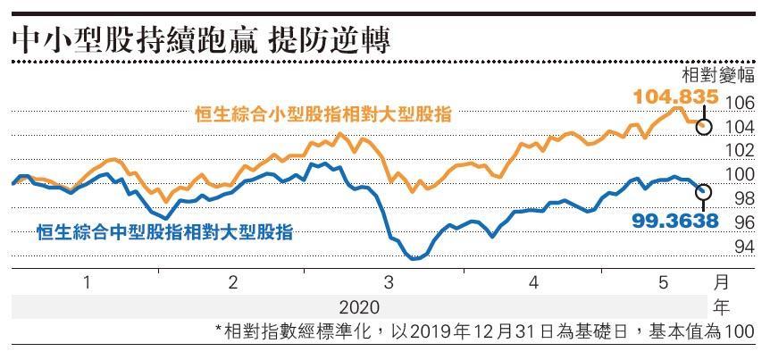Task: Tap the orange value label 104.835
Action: [675, 96]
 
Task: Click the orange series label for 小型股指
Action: [323, 114]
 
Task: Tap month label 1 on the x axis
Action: [88, 282]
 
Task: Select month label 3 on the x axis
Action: [389, 282]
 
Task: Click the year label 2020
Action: [357, 307]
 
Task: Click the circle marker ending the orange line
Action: [704, 126]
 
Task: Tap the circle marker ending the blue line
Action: [704, 191]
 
